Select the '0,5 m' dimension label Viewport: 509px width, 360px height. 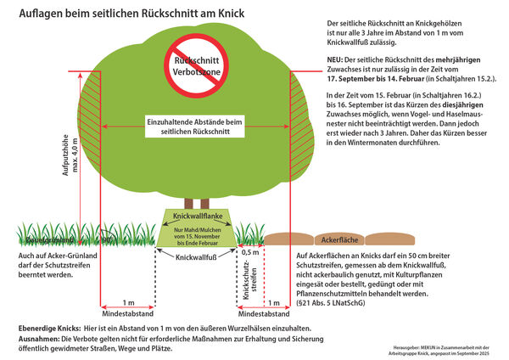[x=250, y=252]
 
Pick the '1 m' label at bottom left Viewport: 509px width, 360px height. [x=127, y=302]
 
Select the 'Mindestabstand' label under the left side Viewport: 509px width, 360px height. [x=127, y=312]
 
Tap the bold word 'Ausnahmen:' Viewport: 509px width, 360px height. [x=40, y=339]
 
